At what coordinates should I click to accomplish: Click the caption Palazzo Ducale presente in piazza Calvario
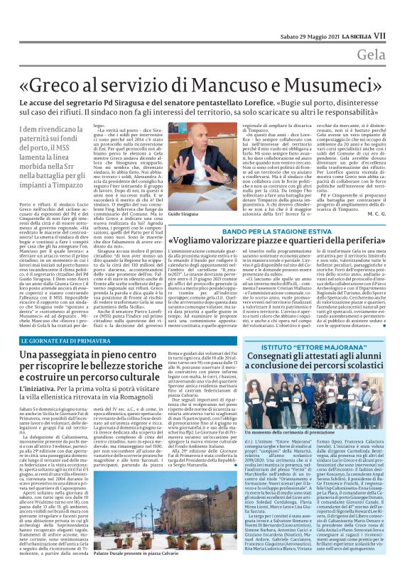tap(128, 571)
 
